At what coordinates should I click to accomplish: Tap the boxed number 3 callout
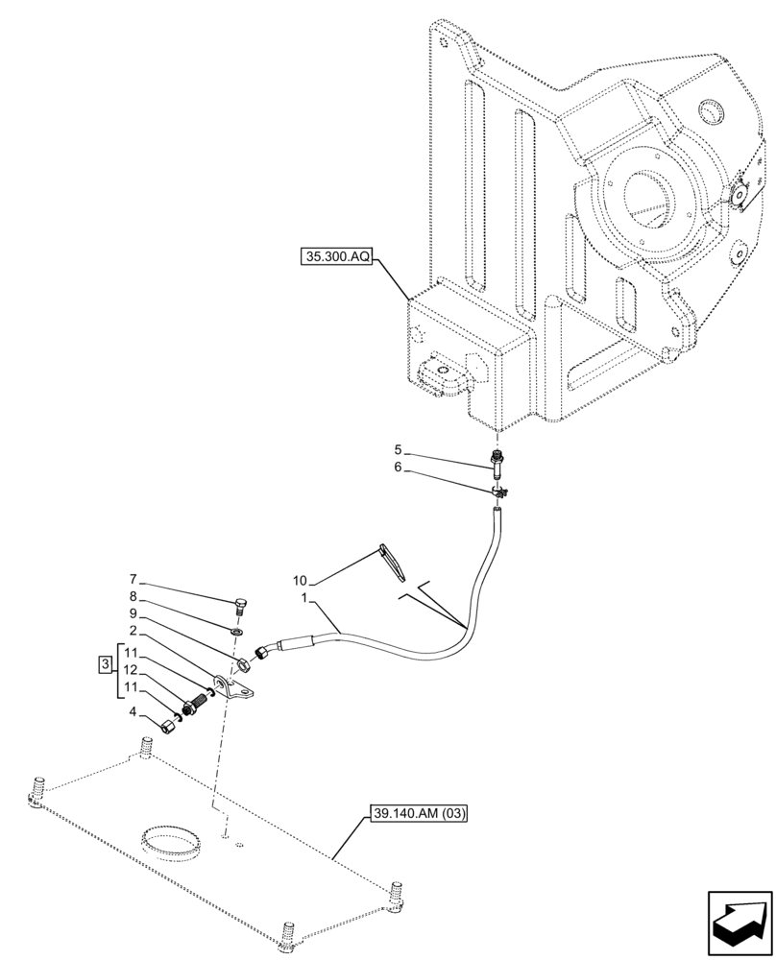tap(104, 664)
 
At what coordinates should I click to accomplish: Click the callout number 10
tap(301, 581)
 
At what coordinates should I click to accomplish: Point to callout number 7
tap(134, 580)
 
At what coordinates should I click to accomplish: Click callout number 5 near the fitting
tap(397, 449)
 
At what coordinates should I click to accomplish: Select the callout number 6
tap(397, 469)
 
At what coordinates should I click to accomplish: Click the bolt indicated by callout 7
tap(239, 606)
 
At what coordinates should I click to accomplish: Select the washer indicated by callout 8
tap(237, 632)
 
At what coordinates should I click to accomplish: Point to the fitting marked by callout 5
tap(497, 465)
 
